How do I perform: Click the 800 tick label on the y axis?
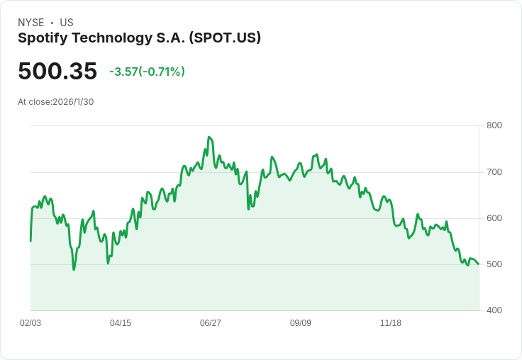tap(494, 125)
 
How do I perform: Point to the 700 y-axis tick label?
tap(494, 172)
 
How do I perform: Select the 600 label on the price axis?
tap(494, 218)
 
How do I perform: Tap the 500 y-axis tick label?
tap(494, 264)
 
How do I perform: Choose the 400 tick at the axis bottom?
tap(494, 310)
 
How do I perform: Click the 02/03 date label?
tap(30, 323)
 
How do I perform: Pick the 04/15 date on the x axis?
tap(121, 323)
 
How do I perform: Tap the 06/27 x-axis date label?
tap(211, 323)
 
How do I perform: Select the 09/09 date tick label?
tap(301, 323)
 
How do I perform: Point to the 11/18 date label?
tap(391, 323)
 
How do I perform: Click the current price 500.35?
tap(57, 72)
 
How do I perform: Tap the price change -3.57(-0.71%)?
tap(147, 72)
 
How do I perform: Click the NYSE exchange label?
tap(31, 23)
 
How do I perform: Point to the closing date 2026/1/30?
tap(73, 101)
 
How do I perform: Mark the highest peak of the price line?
tap(209, 137)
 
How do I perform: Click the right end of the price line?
tap(479, 264)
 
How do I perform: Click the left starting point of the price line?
tap(30, 241)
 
